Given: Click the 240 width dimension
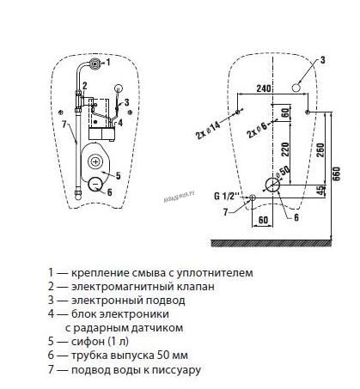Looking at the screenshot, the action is click(x=263, y=88).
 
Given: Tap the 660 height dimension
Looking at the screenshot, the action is click(x=337, y=173).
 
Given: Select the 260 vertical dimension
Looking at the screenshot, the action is click(x=320, y=149).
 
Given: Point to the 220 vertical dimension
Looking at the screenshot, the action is click(x=285, y=149).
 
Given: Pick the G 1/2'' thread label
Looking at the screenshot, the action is click(x=226, y=196).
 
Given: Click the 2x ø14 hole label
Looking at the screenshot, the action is click(x=208, y=131).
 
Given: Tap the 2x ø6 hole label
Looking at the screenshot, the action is click(x=257, y=131).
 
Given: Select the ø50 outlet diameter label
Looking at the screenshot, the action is click(x=283, y=172).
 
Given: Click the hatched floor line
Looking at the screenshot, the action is click(x=272, y=243).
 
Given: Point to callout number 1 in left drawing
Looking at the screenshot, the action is click(x=108, y=62).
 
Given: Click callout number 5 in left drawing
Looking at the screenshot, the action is click(x=118, y=175).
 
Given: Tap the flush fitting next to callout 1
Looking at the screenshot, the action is click(x=95, y=64).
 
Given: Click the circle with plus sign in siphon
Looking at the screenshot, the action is click(x=95, y=162).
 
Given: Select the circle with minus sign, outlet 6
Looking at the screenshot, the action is click(x=95, y=184).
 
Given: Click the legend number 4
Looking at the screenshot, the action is click(x=51, y=314).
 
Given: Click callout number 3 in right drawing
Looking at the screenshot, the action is click(x=322, y=60).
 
